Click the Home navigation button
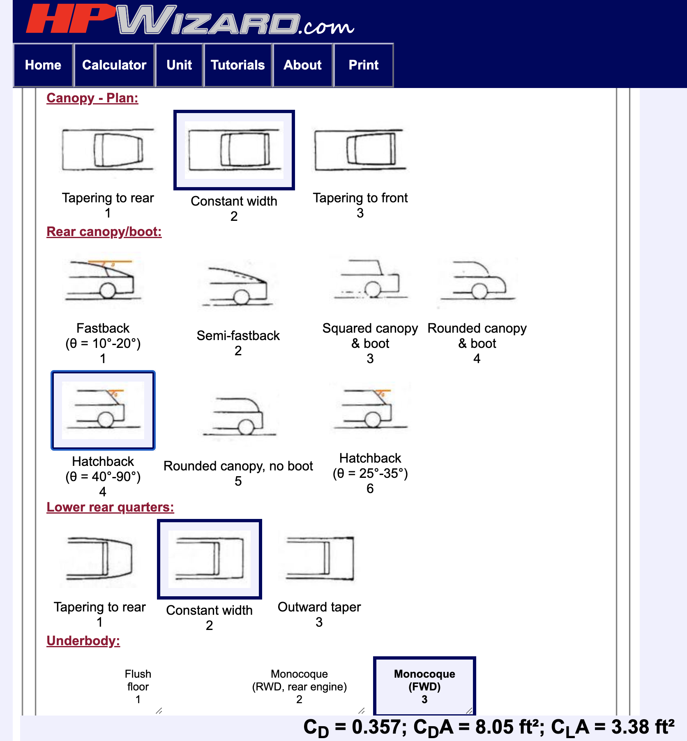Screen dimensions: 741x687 [43, 65]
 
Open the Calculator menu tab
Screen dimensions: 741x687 [114, 65]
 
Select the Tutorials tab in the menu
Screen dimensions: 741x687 [237, 65]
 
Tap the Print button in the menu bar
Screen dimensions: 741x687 [363, 65]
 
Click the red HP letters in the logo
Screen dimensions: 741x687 [70, 19]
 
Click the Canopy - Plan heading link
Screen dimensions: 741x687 [92, 98]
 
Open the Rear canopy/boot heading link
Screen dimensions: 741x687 [104, 232]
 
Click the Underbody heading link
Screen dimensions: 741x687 [83, 641]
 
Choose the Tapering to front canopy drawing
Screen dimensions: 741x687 [360, 150]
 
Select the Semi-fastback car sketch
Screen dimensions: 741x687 [238, 287]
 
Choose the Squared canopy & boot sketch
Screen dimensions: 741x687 [370, 280]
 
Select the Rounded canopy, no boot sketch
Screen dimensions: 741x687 [238, 416]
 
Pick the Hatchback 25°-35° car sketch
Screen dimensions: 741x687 [370, 409]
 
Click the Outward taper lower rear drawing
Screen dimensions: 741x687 [319, 559]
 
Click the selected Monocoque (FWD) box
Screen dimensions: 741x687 [424, 686]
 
